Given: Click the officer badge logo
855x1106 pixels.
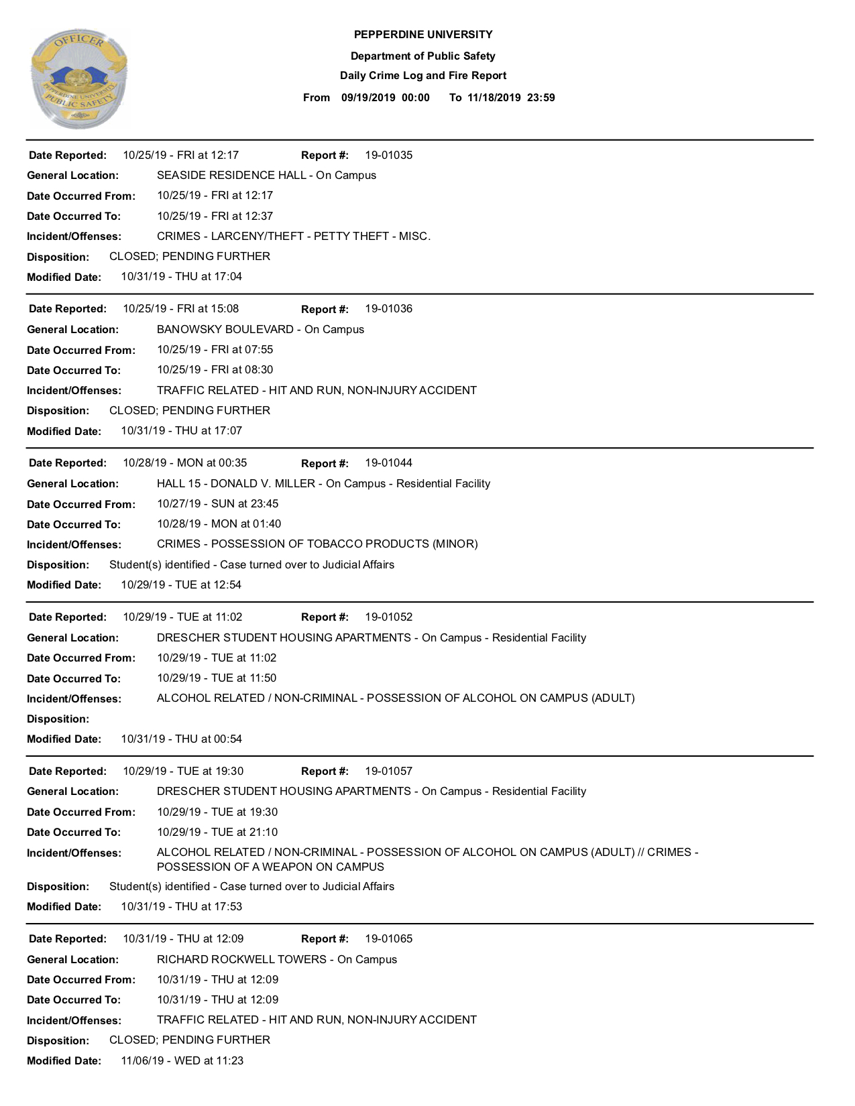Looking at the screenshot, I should tap(78, 78).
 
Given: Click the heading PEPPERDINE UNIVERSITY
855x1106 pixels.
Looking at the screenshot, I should tap(423, 35).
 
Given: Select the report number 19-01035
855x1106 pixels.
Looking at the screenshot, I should tap(388, 156).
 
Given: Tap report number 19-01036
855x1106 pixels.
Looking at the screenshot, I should tap(388, 309).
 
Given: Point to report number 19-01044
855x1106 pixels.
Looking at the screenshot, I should tap(388, 463).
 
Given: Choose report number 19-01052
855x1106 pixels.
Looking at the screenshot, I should tap(388, 617).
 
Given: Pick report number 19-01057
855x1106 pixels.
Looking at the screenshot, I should tap(388, 772).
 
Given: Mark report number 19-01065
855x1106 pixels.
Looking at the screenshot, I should tap(388, 939).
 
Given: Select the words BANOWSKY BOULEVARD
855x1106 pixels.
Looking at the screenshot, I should tap(225, 330).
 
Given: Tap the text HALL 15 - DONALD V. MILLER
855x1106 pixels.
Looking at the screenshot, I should tap(236, 484).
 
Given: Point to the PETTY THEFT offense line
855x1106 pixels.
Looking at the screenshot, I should tap(294, 237).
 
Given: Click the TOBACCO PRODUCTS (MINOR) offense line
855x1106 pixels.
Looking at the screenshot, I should tap(317, 544).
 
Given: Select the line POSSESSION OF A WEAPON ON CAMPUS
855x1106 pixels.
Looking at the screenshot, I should tap(270, 867).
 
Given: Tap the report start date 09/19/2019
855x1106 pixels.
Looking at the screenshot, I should tap(368, 98).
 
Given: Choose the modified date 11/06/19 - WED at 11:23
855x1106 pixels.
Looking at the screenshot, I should tap(182, 1061).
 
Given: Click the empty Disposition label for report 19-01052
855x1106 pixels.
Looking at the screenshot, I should tap(58, 719).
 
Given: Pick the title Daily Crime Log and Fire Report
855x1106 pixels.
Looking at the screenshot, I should tap(423, 76).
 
